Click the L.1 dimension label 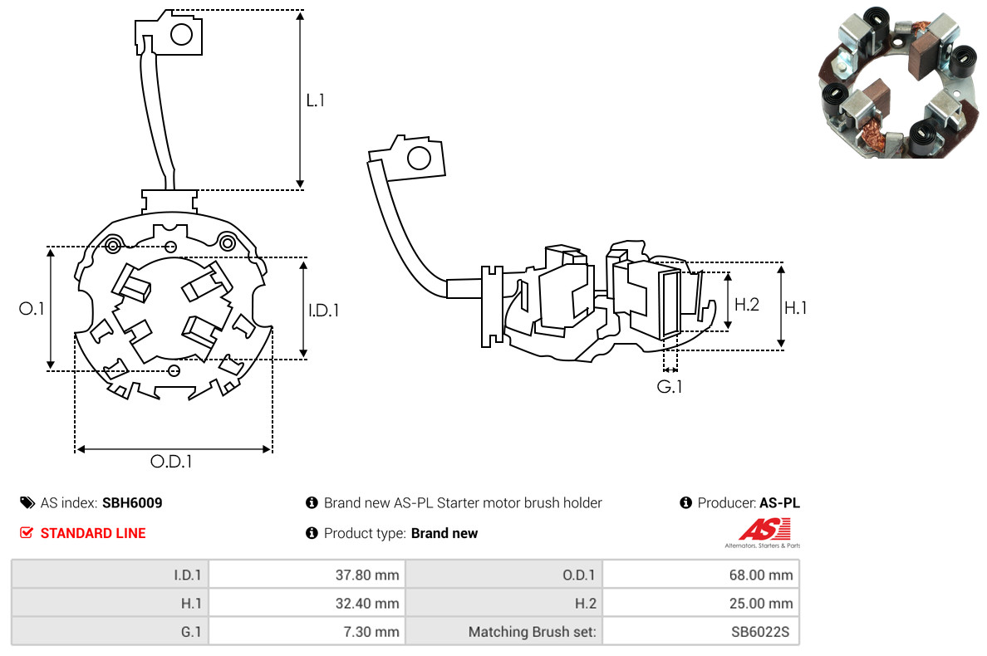pyautogui.click(x=316, y=100)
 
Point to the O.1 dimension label pyautogui.click(x=32, y=309)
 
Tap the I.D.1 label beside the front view pyautogui.click(x=324, y=311)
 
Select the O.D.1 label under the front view pyautogui.click(x=171, y=462)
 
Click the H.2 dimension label pyautogui.click(x=747, y=305)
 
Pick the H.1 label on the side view pyautogui.click(x=796, y=308)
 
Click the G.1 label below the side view pyautogui.click(x=670, y=386)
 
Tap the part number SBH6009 pyautogui.click(x=132, y=502)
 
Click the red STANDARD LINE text pyautogui.click(x=93, y=533)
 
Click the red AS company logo pyautogui.click(x=764, y=530)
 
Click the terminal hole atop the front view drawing pyautogui.click(x=181, y=34)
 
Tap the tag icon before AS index pyautogui.click(x=27, y=502)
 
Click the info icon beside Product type pyautogui.click(x=312, y=533)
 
